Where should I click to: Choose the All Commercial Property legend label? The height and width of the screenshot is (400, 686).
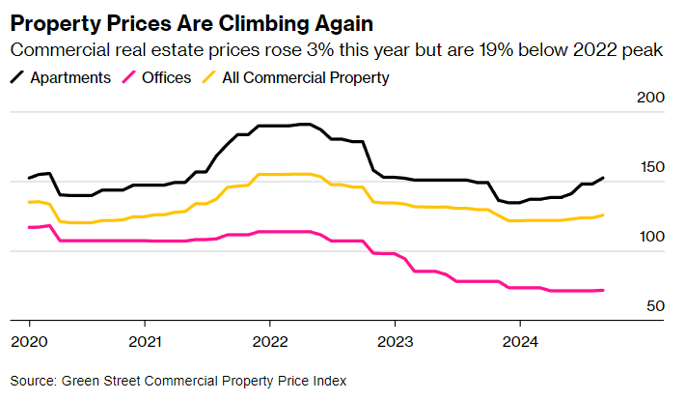(x=306, y=76)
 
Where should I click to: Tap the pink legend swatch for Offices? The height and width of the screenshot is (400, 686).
(x=123, y=76)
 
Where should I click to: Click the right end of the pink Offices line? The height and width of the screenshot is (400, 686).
(x=603, y=290)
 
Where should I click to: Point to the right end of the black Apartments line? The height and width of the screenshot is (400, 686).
(x=603, y=178)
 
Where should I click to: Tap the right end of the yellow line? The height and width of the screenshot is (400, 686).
(x=603, y=215)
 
